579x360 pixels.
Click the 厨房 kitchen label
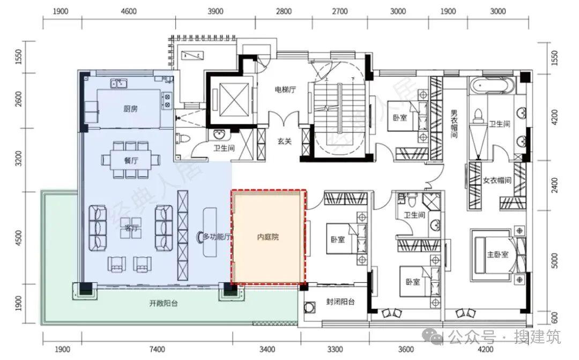pos(130,109)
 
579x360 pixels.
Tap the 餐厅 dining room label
pos(131,161)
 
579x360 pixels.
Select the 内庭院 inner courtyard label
pos(268,237)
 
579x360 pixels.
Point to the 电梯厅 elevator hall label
pos(285,90)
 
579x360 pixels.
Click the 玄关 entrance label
pos(285,141)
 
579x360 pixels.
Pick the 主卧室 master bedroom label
pos(498,254)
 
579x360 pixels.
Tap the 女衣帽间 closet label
pos(497,180)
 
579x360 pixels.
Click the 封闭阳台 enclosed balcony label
pos(340,302)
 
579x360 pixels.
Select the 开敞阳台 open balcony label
pos(164,304)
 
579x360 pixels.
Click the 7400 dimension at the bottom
pos(157,349)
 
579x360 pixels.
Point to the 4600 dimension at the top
pos(129,11)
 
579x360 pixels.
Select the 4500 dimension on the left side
pos(19,238)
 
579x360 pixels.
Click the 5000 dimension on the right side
pos(554,261)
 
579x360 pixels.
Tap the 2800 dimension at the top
pos(284,11)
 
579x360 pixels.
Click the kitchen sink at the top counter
pos(119,84)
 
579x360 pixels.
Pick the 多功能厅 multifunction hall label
pos(217,237)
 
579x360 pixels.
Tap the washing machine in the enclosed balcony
pos(309,307)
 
